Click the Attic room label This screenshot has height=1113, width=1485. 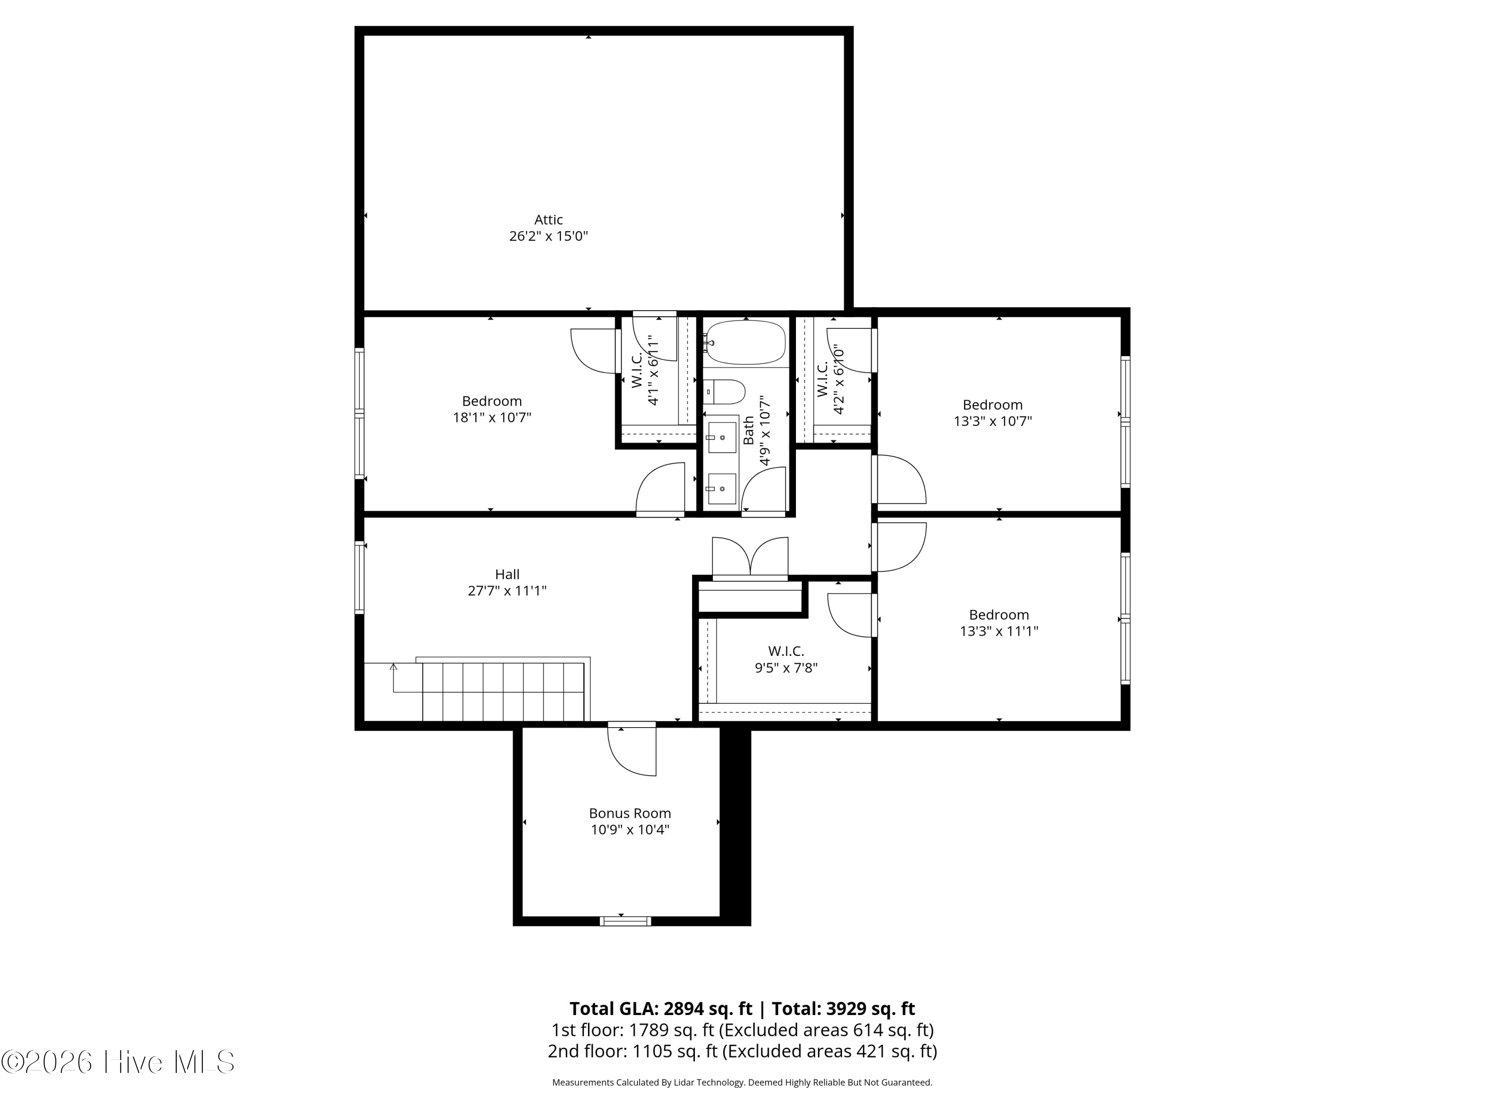[548, 219]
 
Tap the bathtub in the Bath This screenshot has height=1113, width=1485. [745, 342]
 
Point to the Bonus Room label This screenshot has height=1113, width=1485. [630, 813]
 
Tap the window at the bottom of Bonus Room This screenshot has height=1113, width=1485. [625, 921]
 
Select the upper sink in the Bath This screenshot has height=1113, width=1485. [722, 437]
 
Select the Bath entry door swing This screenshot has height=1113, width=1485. [763, 491]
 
